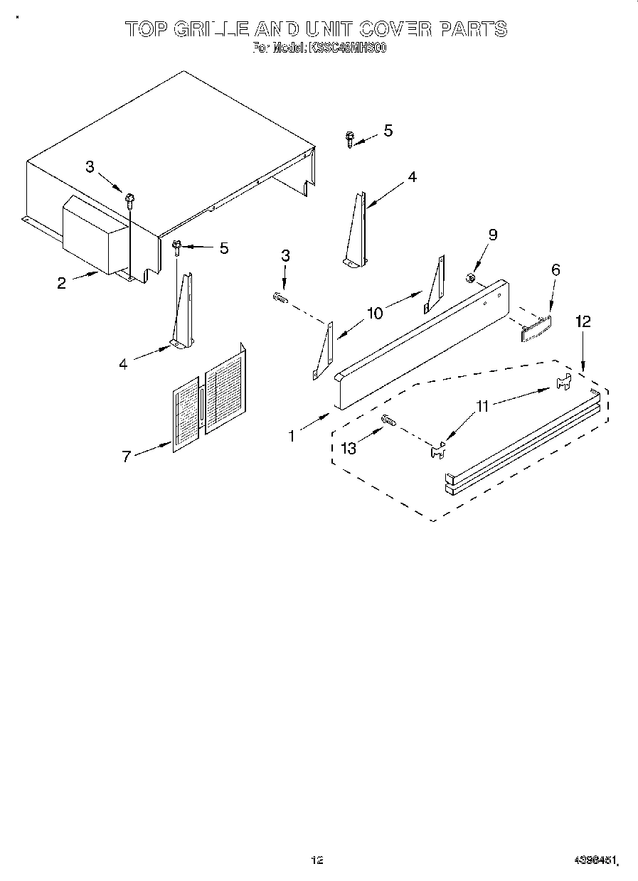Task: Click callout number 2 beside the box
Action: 62,283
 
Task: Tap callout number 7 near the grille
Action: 126,456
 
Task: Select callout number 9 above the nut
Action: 493,235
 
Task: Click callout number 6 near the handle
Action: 555,269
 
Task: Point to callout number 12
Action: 583,321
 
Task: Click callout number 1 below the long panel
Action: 292,437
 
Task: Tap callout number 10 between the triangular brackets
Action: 375,312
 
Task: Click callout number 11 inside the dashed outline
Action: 483,407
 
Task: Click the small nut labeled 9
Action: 470,277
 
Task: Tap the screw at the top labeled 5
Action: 350,139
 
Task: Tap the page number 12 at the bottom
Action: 317,860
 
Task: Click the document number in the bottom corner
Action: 596,860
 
